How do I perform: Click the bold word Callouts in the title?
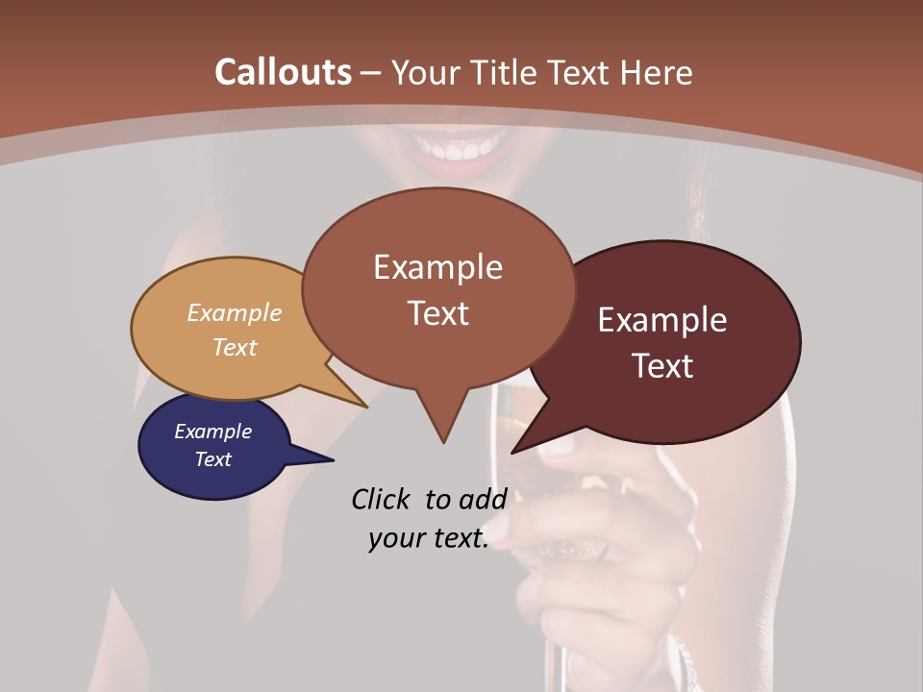coord(283,72)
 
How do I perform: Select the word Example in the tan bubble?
coord(235,312)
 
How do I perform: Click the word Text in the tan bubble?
coord(235,347)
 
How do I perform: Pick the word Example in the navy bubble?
coord(212,432)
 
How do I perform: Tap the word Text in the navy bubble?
coord(212,459)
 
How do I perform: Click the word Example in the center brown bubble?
coord(437,267)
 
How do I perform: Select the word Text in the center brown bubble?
coord(437,313)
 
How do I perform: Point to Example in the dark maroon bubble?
coord(662,320)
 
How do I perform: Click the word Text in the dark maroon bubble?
coord(662,366)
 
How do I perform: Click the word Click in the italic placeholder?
coord(383,499)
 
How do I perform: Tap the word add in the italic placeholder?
coord(483,499)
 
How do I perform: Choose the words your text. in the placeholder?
coord(429,538)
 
